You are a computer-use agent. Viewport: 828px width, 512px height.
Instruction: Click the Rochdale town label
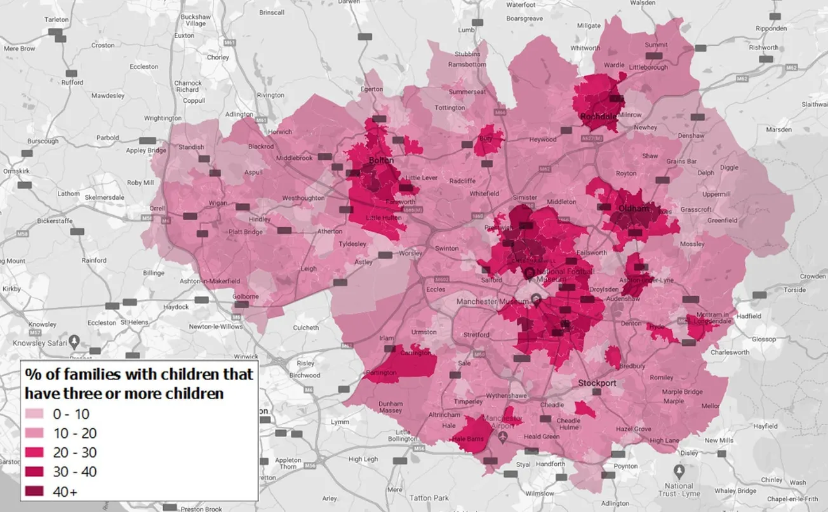tap(598, 116)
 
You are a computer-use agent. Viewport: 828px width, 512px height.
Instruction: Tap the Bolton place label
tap(382, 161)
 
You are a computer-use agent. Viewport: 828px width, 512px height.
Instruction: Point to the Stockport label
tap(597, 383)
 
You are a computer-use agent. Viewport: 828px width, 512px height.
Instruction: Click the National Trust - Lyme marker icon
tap(679, 471)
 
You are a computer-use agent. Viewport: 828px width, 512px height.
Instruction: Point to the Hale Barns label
tap(467, 438)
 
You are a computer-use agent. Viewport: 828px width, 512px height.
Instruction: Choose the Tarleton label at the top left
tap(56, 20)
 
